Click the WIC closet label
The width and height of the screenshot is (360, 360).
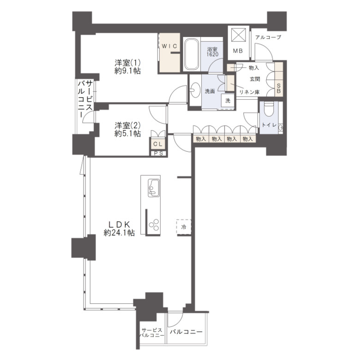pyautogui.click(x=169, y=46)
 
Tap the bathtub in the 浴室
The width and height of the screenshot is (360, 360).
pyautogui.click(x=192, y=54)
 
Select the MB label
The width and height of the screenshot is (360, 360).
pyautogui.click(x=238, y=51)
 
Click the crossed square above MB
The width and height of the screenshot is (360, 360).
pyautogui.click(x=239, y=35)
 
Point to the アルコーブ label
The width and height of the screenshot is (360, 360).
pyautogui.click(x=268, y=37)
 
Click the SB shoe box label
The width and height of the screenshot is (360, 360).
pyautogui.click(x=279, y=88)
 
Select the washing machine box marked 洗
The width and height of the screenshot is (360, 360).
pyautogui.click(x=228, y=101)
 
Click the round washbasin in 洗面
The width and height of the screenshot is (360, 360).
pyautogui.click(x=195, y=90)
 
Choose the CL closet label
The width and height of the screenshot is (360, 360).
pyautogui.click(x=158, y=144)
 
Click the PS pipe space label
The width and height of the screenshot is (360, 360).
pyautogui.click(x=158, y=154)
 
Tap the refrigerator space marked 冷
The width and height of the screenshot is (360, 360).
pyautogui.click(x=184, y=227)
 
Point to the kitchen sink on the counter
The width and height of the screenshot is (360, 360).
pyautogui.click(x=153, y=187)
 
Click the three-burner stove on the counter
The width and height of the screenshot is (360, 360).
pyautogui.click(x=154, y=225)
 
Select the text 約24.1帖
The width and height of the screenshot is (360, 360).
pyautogui.click(x=119, y=233)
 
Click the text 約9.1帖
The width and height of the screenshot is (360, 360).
pyautogui.click(x=128, y=71)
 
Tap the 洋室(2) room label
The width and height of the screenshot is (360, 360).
pyautogui.click(x=128, y=126)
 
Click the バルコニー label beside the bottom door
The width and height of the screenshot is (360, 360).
pyautogui.click(x=186, y=332)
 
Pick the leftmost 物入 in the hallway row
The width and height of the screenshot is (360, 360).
pyautogui.click(x=201, y=139)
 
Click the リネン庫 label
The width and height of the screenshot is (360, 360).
pyautogui.click(x=249, y=92)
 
